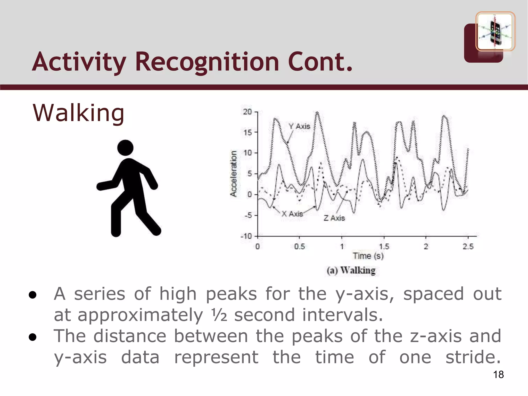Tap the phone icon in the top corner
495,31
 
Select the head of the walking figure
125,148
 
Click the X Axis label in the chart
292,214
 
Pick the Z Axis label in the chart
334,218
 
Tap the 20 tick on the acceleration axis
247,112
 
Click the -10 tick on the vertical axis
246,236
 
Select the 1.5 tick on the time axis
384,247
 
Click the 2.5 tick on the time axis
468,247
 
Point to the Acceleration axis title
234,174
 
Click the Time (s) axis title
368,256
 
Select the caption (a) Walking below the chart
351,270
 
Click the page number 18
498,375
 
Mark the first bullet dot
32,295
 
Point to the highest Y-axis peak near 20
317,112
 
